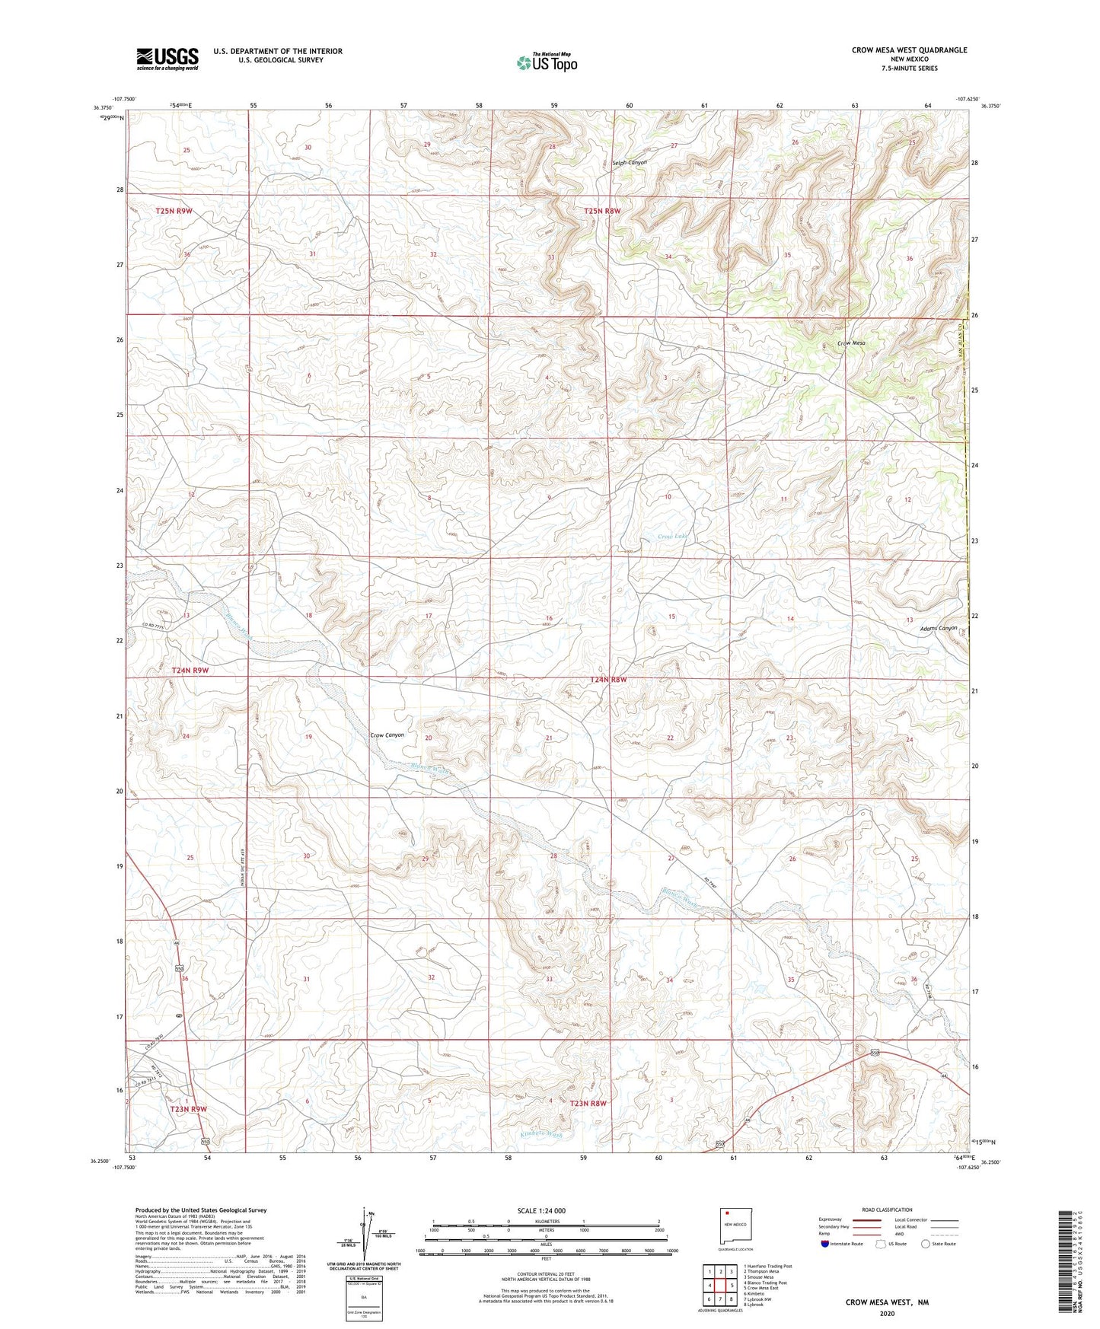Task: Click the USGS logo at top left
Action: click(167, 59)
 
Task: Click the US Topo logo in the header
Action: click(547, 62)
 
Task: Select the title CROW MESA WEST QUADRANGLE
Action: click(909, 50)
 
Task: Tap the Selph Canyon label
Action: click(630, 163)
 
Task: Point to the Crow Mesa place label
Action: click(851, 343)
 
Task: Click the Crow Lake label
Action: click(672, 537)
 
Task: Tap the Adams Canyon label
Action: click(938, 628)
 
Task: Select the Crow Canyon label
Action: click(387, 735)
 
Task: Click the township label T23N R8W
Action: click(588, 1103)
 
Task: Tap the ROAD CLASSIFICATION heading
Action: click(887, 1209)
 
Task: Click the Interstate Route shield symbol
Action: click(826, 1244)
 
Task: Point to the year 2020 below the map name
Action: click(886, 1313)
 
